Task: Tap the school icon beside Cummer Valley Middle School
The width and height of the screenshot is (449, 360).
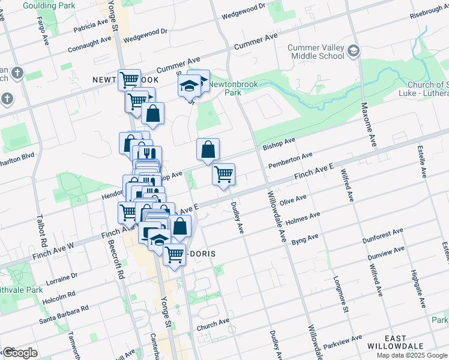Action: click(354, 51)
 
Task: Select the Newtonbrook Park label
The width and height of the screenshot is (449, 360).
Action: click(233, 88)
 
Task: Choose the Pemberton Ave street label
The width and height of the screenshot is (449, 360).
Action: click(291, 159)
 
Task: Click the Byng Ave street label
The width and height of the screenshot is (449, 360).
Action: click(304, 239)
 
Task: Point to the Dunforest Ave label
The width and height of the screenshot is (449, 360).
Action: click(382, 236)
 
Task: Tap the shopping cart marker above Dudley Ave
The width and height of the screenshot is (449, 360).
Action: click(223, 175)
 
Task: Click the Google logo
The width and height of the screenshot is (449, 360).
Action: click(20, 353)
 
